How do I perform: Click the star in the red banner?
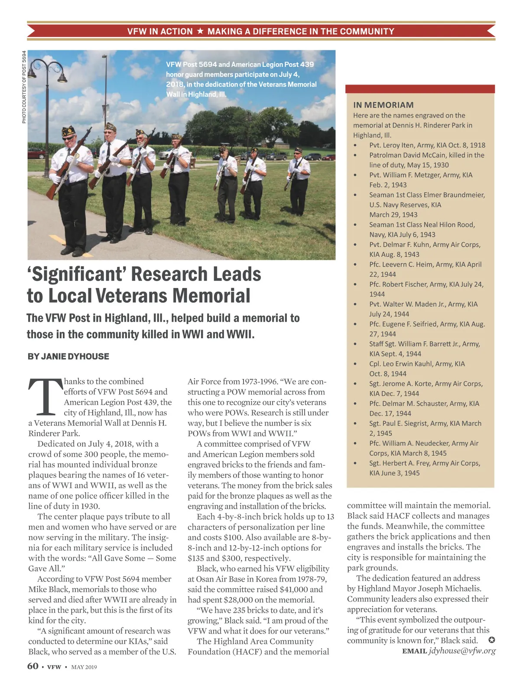[200, 31]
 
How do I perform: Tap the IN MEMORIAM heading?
[383, 105]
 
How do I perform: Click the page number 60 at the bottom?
[33, 666]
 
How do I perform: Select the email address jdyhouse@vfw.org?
[462, 651]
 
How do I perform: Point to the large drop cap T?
[45, 396]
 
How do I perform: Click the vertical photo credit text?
[24, 87]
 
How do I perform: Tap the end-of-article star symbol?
[492, 641]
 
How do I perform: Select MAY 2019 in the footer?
[84, 667]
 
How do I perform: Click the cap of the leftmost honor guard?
[68, 130]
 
